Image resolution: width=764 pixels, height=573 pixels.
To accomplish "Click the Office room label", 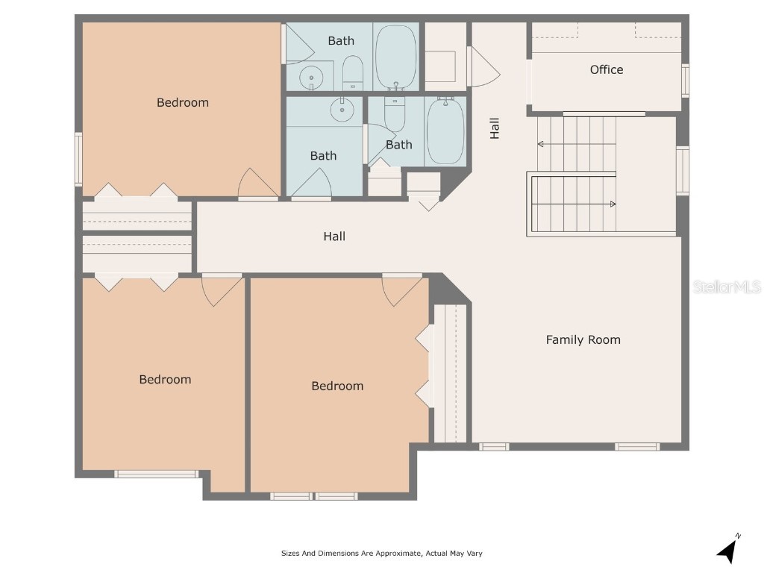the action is (606, 69).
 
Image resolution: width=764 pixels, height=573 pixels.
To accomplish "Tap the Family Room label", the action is (583, 339).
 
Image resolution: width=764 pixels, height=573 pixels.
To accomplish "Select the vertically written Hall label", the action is (495, 128).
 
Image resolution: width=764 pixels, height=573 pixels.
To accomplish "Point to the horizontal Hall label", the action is (334, 237).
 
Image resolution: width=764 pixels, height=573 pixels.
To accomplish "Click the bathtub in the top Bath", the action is (395, 57).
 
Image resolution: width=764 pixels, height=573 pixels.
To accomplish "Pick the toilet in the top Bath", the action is (353, 72).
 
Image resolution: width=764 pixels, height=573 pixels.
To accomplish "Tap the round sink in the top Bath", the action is (311, 78).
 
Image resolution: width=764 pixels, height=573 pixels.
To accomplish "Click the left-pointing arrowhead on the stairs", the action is (540, 144).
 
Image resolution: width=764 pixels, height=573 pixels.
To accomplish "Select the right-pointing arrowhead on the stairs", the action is (613, 204).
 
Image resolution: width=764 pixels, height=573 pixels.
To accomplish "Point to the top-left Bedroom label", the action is (183, 102).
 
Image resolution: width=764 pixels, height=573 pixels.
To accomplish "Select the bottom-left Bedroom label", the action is (165, 380).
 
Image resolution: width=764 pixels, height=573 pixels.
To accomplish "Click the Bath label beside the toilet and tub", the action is (399, 145).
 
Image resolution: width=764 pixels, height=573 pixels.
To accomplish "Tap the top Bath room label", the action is (341, 40).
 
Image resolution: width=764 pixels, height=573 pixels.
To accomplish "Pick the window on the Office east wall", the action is (685, 81).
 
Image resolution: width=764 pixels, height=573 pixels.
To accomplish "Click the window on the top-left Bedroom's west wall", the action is (78, 159).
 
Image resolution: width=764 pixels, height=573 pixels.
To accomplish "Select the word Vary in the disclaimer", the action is (474, 553).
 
